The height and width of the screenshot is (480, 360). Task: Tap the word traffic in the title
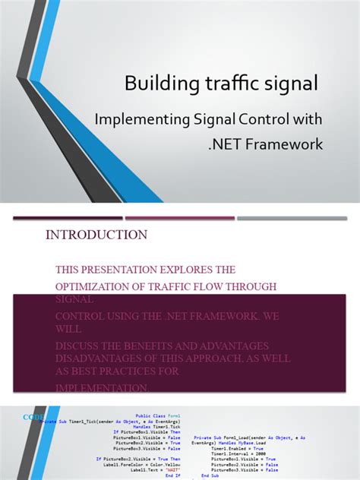pos(227,84)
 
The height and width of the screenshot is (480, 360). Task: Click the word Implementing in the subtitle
pos(140,119)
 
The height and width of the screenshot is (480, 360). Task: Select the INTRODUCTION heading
pos(96,235)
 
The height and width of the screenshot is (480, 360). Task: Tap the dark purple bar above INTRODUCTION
pos(68,218)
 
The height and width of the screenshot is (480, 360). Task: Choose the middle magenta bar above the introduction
pos(179,218)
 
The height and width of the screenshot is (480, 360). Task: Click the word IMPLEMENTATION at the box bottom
pos(101,387)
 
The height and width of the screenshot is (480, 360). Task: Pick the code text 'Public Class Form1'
pos(158,416)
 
